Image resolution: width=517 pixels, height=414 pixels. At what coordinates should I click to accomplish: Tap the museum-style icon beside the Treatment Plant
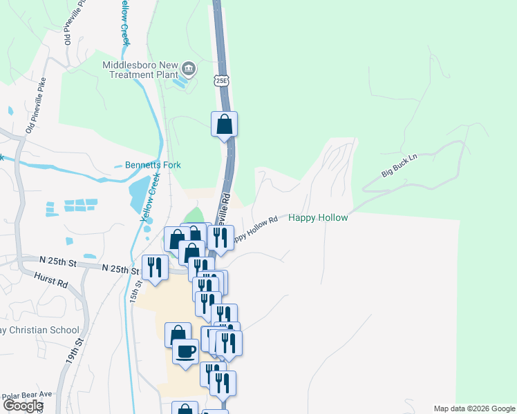[x=189, y=70]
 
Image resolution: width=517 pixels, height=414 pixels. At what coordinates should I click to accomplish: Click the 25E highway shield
[x=221, y=81]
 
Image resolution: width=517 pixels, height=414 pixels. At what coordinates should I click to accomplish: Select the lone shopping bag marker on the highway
[x=224, y=124]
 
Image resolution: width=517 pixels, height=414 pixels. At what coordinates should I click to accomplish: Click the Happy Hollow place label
[x=318, y=217]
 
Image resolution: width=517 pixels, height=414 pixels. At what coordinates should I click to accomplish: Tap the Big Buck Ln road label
[x=400, y=166]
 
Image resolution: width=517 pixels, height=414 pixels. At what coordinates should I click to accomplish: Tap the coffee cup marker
[x=185, y=351]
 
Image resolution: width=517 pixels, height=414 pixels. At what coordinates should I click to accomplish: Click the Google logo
[x=23, y=406]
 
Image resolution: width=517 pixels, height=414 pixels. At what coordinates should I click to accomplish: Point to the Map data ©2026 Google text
[x=474, y=408]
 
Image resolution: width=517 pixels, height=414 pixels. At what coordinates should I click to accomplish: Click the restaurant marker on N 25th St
[x=155, y=267]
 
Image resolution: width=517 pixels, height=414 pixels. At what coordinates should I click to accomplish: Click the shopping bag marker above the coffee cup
[x=178, y=334]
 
